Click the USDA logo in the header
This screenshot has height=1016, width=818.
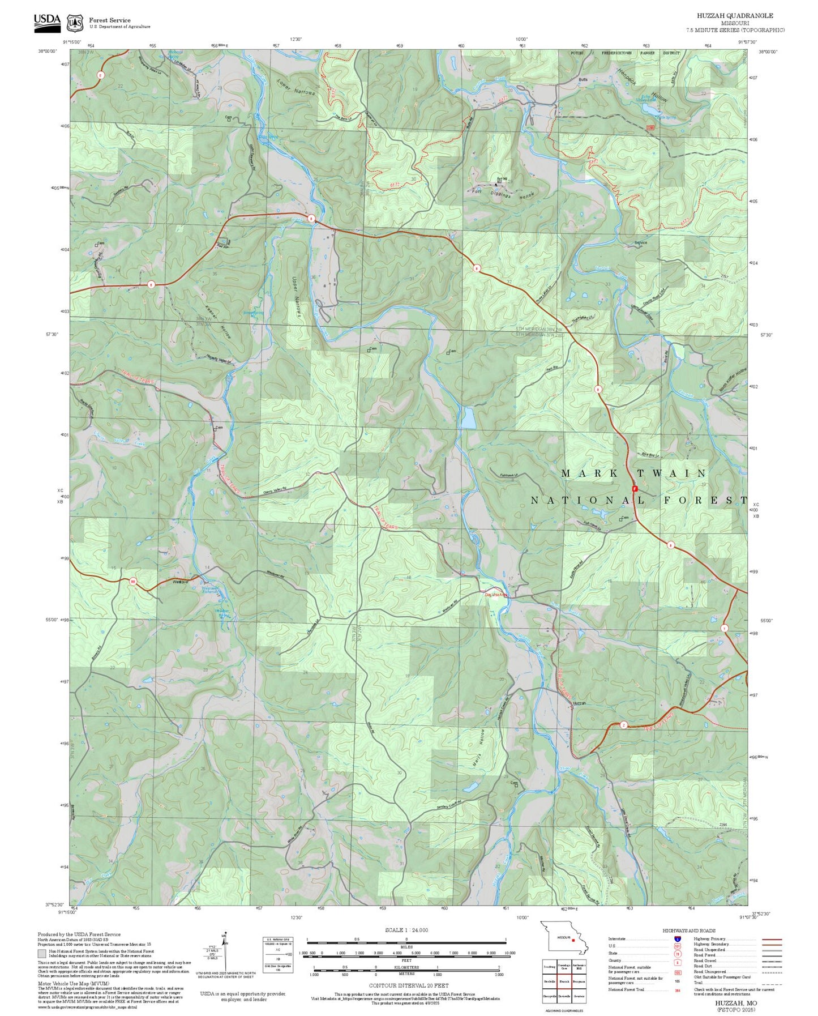point(47,20)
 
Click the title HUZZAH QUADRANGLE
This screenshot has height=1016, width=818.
point(734,16)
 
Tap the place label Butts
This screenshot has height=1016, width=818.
point(583,80)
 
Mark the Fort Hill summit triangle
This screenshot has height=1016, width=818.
point(496,184)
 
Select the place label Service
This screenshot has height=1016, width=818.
point(640,242)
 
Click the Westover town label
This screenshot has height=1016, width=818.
point(180,582)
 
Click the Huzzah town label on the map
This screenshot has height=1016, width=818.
point(579,703)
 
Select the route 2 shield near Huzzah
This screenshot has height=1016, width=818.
point(623,725)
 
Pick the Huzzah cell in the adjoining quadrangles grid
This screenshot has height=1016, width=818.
point(564,981)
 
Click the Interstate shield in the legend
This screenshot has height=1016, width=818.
point(678,938)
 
